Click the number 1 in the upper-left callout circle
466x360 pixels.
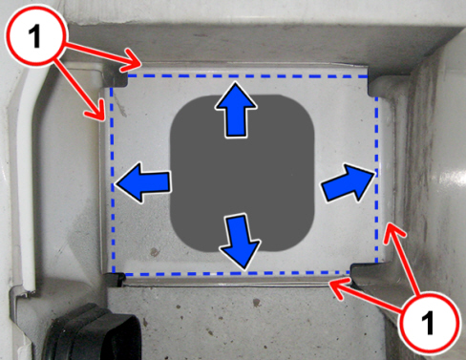[34, 36]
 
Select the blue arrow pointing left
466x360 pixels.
[142, 182]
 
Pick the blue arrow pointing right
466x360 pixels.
[348, 183]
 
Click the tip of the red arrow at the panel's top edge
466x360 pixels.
[141, 65]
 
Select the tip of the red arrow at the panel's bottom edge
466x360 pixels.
[330, 282]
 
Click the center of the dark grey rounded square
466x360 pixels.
[243, 174]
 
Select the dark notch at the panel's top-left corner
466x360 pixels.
[116, 75]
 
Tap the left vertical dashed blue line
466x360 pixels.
[112, 180]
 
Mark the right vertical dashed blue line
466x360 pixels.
[376, 180]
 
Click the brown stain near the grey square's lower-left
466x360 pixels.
[155, 252]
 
